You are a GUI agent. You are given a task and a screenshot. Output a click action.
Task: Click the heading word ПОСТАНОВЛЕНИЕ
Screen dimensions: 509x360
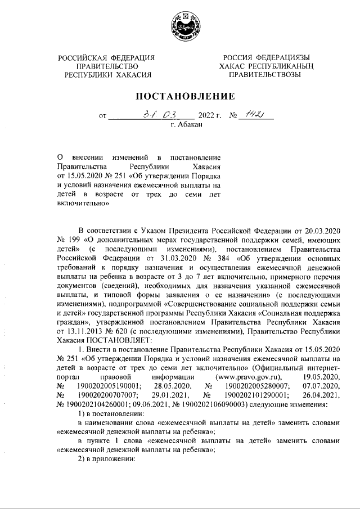180,96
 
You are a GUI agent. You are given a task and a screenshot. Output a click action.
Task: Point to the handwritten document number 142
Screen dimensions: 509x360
253,114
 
